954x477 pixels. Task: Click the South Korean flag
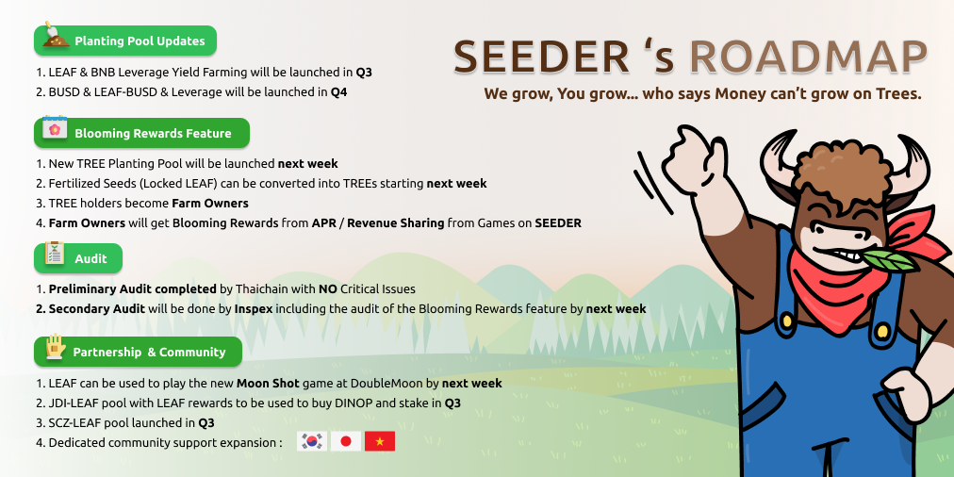tap(312, 441)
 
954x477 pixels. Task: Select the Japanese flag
tap(346, 441)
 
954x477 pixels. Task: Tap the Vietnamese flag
tap(380, 441)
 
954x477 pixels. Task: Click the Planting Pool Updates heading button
tap(125, 41)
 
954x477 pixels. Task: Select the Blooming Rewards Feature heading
tap(141, 133)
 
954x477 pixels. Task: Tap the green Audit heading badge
tap(78, 258)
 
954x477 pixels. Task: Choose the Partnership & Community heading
tap(139, 352)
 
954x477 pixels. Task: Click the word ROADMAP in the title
tap(809, 58)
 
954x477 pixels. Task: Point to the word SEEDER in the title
tap(542, 58)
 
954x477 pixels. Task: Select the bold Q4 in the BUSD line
tap(338, 92)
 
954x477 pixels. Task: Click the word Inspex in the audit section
tap(254, 309)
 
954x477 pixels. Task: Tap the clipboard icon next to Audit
tap(55, 253)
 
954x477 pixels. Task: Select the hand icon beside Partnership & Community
tap(56, 346)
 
